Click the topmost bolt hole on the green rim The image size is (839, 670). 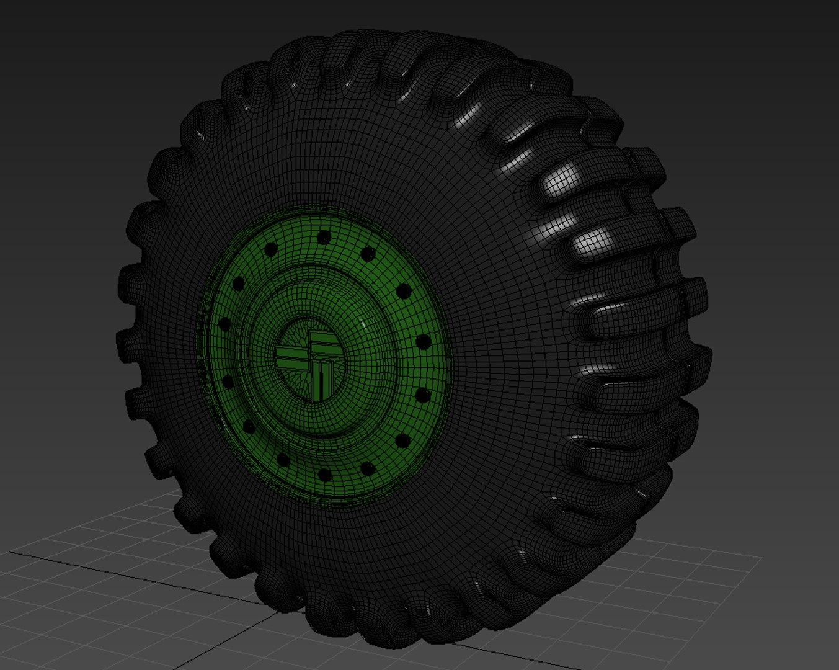pyautogui.click(x=323, y=237)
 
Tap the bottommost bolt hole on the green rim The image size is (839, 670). pyautogui.click(x=323, y=475)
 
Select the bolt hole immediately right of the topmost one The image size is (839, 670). pyautogui.click(x=368, y=253)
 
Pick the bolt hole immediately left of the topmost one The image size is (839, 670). pyautogui.click(x=271, y=249)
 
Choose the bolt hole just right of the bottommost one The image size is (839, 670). pyautogui.click(x=368, y=468)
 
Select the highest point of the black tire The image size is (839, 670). pyautogui.click(x=397, y=31)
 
